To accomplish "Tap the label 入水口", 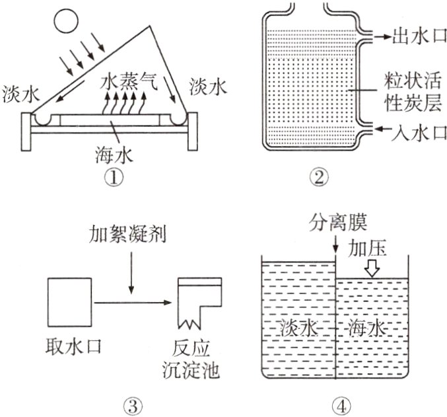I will [411, 132].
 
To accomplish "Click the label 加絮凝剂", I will [131, 236].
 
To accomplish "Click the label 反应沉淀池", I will [195, 357].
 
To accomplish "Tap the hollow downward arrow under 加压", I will [372, 268].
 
